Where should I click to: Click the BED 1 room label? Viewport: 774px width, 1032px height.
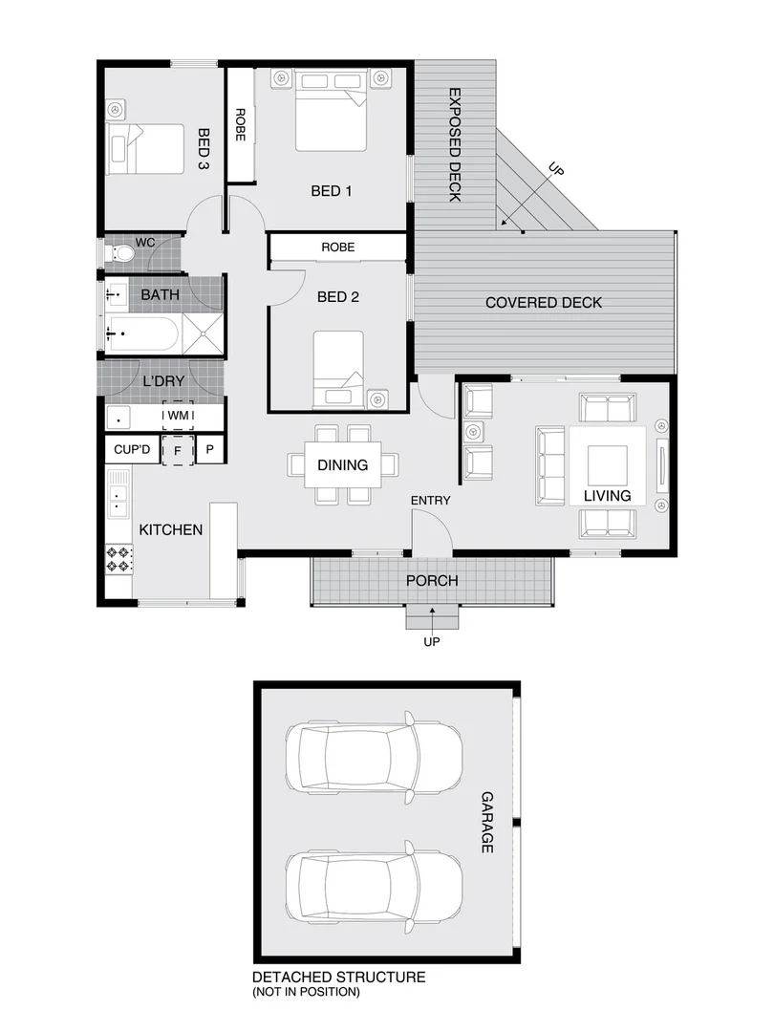[x=332, y=191]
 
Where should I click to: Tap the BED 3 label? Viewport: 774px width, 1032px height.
[x=204, y=149]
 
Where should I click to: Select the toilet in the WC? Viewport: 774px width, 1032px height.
[x=120, y=254]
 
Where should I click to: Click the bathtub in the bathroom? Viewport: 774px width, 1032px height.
[x=142, y=334]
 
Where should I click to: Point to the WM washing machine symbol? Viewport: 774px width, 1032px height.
[x=178, y=416]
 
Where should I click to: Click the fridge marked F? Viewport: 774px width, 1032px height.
[x=178, y=449]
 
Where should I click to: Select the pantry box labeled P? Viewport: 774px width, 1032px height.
[x=209, y=449]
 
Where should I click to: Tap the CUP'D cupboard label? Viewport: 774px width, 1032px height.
[x=132, y=449]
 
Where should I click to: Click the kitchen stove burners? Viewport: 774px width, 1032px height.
[x=119, y=559]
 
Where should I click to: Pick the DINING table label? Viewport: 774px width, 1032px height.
[x=342, y=465]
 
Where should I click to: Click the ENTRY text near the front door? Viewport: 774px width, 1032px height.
[x=430, y=501]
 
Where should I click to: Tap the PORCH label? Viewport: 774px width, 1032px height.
[x=432, y=580]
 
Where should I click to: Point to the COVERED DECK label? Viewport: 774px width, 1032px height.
[x=544, y=303]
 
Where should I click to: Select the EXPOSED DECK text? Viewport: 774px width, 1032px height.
[x=455, y=145]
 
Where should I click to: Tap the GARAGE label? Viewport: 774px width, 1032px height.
[x=486, y=822]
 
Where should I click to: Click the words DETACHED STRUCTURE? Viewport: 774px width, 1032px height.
[x=338, y=978]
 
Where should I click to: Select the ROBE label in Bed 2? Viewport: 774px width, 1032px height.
[x=337, y=247]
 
